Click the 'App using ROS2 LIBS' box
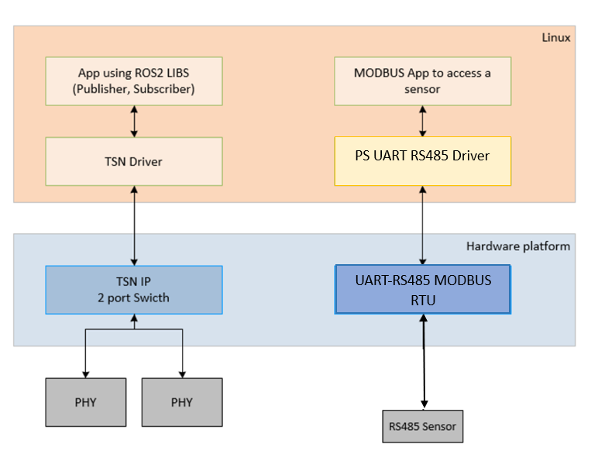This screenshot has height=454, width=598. coord(134,81)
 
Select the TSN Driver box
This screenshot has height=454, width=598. coord(134,162)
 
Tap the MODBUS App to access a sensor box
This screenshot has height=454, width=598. coord(422,81)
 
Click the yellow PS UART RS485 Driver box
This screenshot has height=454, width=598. coord(422,161)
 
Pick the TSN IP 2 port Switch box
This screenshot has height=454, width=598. coord(134,290)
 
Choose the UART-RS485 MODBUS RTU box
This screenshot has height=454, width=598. coord(422,290)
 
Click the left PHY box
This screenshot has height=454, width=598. coord(85,402)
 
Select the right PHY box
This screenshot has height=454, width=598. coord(182,402)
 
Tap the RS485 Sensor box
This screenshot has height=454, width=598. coord(422,426)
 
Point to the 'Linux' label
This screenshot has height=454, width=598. coord(556,37)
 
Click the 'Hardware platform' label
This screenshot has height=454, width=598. coord(517,246)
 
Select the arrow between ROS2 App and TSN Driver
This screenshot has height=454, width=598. coord(135,122)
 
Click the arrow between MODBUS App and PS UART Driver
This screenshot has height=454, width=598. coord(422,121)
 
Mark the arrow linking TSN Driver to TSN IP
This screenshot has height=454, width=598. coord(135,225)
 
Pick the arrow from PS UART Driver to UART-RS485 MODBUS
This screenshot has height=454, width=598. coord(422,225)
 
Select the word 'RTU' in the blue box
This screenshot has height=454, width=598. coord(422,299)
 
